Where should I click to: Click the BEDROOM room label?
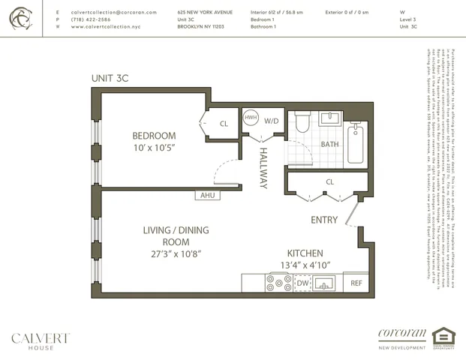point(154,136)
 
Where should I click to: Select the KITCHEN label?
point(305,253)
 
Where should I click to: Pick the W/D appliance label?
point(272,120)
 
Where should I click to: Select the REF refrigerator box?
point(356,283)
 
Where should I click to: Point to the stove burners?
point(280,283)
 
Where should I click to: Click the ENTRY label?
point(324,220)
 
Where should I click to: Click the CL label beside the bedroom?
point(224,124)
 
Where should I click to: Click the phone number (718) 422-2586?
point(92,19)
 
